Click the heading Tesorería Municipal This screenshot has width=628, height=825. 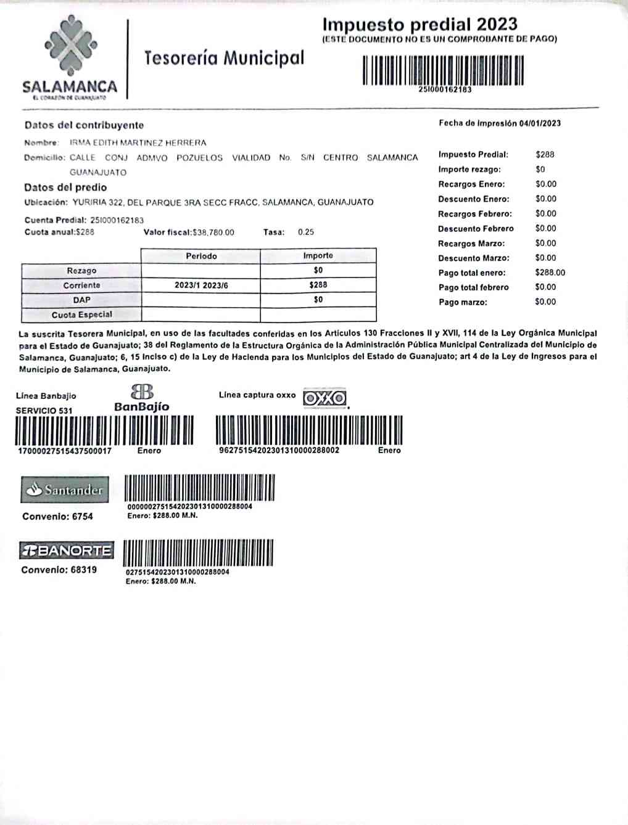point(224,58)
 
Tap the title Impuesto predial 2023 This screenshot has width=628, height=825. point(419,24)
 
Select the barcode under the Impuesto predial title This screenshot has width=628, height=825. point(443,70)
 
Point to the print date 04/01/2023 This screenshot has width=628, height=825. point(540,123)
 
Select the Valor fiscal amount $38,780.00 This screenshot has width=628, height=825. point(213,232)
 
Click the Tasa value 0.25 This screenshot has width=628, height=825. point(305,232)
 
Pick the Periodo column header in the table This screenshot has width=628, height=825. point(201,256)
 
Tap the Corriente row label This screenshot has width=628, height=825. point(81,285)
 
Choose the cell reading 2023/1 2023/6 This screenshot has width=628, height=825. point(201,285)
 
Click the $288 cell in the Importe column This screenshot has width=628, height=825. point(318,285)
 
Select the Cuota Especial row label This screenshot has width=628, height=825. point(81,314)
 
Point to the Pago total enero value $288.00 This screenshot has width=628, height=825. point(550,273)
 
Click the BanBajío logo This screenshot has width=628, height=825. point(141,398)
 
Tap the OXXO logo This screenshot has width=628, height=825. point(325,398)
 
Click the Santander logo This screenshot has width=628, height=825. point(65,490)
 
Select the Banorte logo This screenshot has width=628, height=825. point(66,550)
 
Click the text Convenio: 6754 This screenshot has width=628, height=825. point(57,517)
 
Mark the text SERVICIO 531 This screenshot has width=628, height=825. point(44,411)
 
